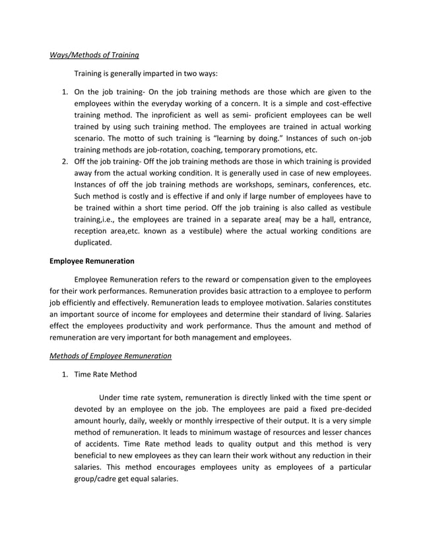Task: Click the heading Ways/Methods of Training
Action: [94, 55]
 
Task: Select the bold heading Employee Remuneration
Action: [92, 261]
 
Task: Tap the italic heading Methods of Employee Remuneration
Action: [111, 356]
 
